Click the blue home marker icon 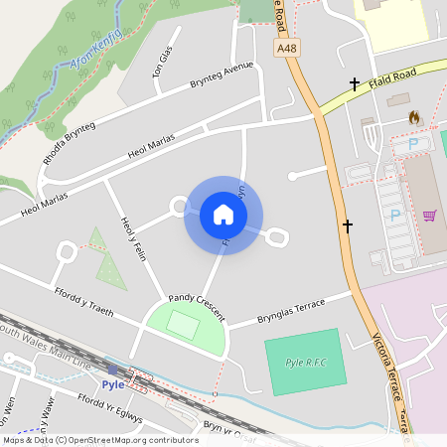click(x=223, y=215)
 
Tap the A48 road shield click(x=287, y=47)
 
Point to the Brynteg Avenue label click(x=222, y=75)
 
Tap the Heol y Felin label click(x=132, y=238)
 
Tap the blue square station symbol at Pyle click(x=111, y=370)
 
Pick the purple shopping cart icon click(x=429, y=216)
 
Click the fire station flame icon click(x=413, y=117)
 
